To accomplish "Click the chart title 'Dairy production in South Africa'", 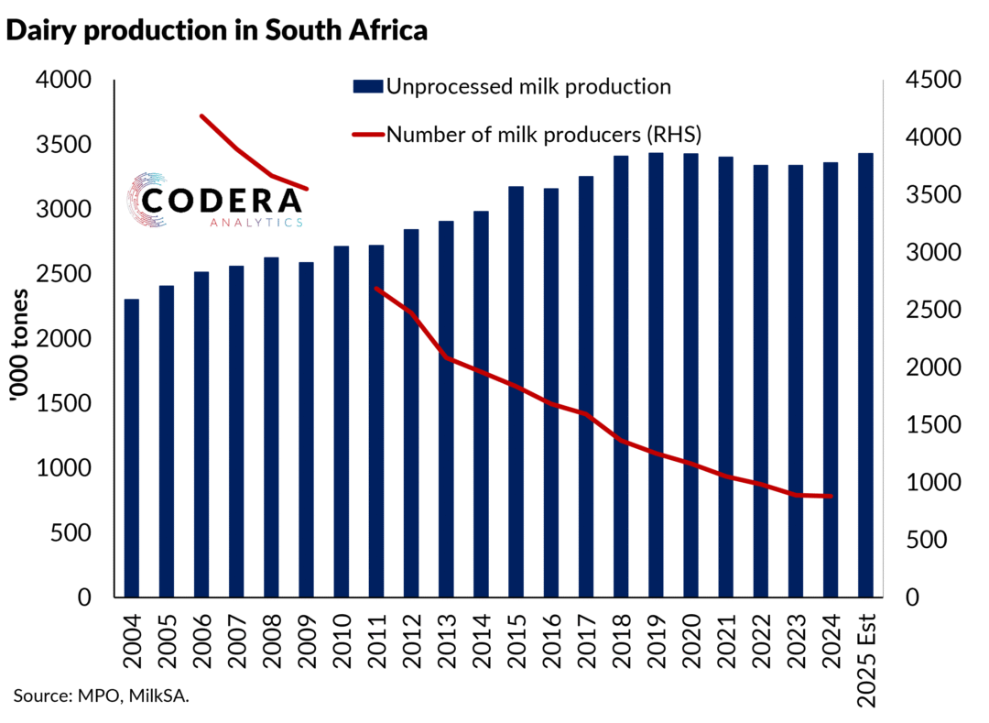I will [217, 30].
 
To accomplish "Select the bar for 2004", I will [132, 448].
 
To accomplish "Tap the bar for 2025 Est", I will [865, 375].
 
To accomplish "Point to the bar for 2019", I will [656, 375].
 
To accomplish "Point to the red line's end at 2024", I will [831, 497].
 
